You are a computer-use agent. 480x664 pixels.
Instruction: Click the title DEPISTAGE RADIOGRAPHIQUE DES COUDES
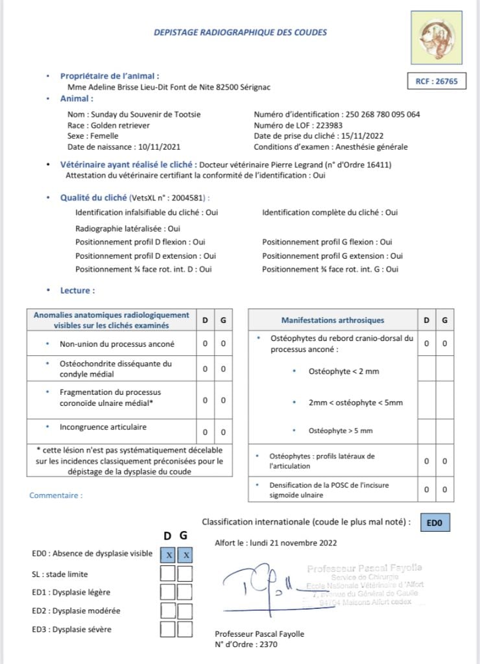point(240,32)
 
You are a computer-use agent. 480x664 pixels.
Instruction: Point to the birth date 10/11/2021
point(160,147)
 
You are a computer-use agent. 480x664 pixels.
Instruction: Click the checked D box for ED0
point(169,554)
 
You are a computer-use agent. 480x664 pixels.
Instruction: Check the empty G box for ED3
point(186,629)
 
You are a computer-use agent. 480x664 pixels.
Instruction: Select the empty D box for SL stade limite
point(169,573)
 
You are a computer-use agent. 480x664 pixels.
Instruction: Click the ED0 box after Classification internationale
point(435,522)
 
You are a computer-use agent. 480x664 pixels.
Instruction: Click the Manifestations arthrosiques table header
point(332,320)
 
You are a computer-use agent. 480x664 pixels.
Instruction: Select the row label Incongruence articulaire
point(103,427)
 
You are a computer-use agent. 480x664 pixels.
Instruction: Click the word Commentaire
point(56,495)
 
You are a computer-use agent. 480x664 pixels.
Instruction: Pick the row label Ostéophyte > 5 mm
point(341,431)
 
